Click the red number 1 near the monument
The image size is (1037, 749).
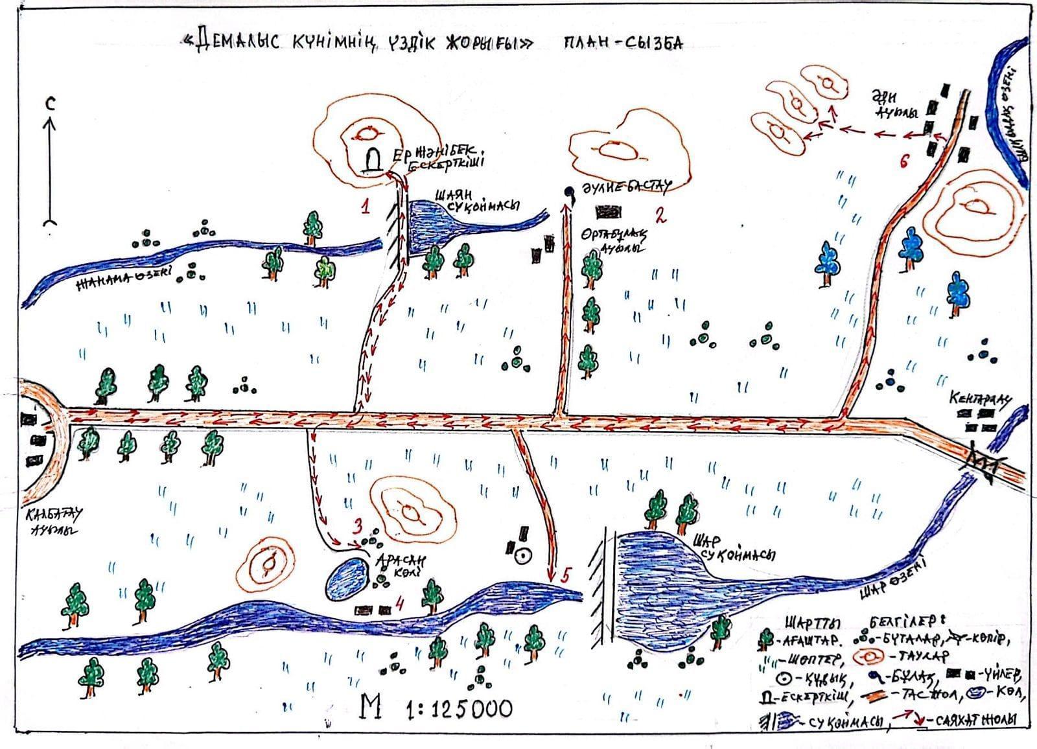pos(366,207)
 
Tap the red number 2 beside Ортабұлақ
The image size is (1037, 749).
pos(660,216)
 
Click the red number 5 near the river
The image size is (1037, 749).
pos(566,575)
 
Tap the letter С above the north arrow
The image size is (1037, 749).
pos(50,103)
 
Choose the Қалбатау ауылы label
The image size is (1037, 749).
pos(52,522)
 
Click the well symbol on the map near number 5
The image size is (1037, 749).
pos(522,555)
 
